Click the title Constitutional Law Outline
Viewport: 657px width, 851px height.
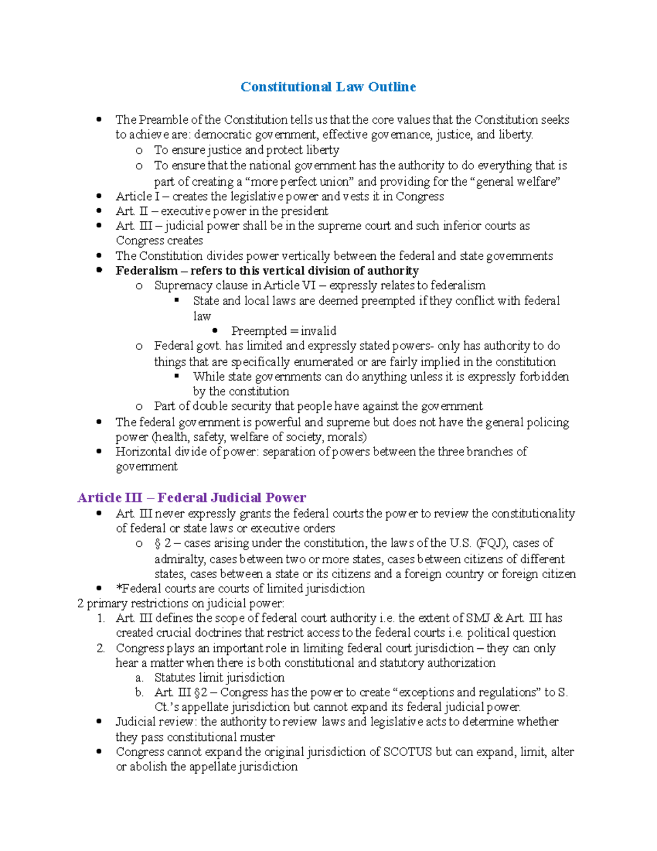[x=328, y=87]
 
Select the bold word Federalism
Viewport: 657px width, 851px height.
[x=146, y=271]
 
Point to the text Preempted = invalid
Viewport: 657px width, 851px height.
[x=284, y=331]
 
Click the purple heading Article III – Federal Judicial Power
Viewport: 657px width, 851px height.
[x=192, y=498]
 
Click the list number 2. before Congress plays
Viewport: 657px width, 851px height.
[x=101, y=648]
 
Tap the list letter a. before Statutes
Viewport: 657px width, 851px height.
[x=139, y=678]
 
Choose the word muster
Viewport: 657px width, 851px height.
[x=257, y=737]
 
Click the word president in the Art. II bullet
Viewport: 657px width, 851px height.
[x=304, y=212]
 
